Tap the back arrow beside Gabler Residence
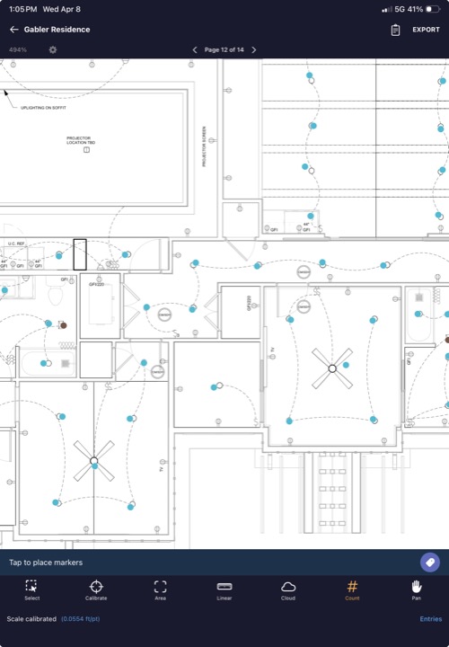tap(14, 30)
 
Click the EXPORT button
tap(426, 30)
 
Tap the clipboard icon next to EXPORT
tap(395, 30)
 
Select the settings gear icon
tap(53, 49)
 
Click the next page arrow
tap(254, 49)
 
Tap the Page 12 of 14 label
tap(224, 49)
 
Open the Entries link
tap(430, 619)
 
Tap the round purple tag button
tap(430, 562)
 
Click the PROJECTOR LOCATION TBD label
tap(80, 140)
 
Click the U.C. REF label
tap(15, 244)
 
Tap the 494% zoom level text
tap(18, 49)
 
